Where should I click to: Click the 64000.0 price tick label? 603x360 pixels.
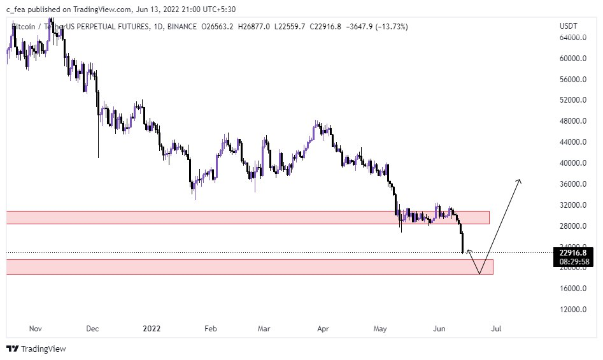[x=573, y=38]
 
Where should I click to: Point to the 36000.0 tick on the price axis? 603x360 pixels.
[x=573, y=184]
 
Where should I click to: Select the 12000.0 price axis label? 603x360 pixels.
[x=573, y=310]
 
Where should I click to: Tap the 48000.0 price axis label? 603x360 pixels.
[x=573, y=121]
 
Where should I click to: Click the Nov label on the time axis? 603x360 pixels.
[x=36, y=329]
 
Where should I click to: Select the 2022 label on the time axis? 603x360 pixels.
[x=152, y=329]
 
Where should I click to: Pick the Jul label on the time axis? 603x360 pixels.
[x=497, y=329]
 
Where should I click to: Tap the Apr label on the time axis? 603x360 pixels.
[x=323, y=329]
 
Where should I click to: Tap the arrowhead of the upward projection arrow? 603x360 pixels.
[x=520, y=182]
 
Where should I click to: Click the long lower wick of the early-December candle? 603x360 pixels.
[x=98, y=143]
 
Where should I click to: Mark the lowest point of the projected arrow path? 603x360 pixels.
[x=480, y=274]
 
